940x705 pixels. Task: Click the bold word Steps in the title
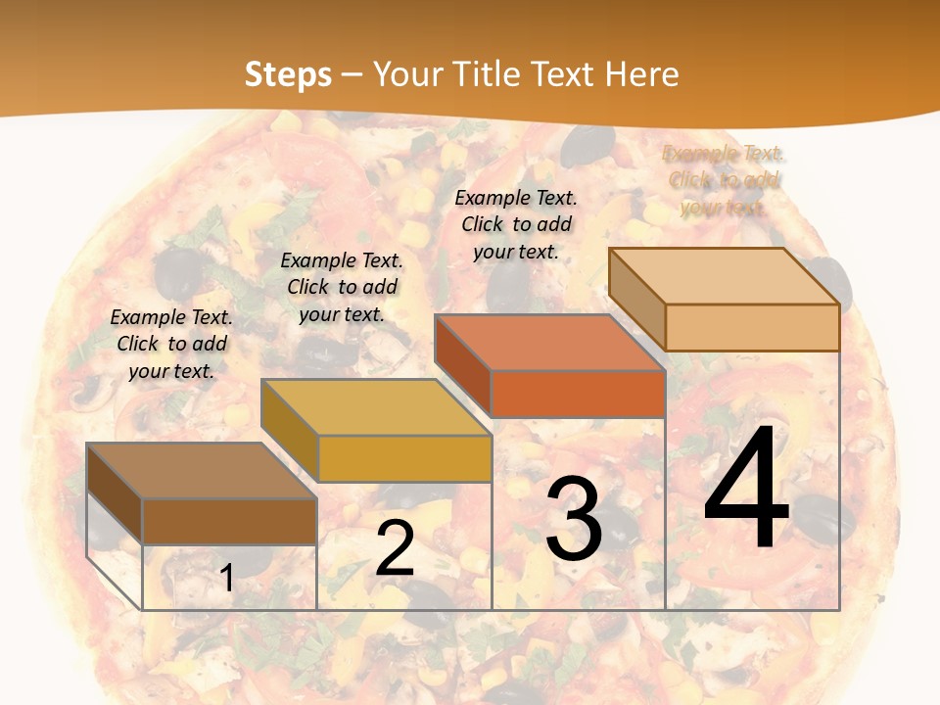tap(287, 74)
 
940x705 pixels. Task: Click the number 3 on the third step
tap(574, 519)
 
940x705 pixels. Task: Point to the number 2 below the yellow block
tap(395, 548)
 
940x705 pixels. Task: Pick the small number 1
tap(226, 578)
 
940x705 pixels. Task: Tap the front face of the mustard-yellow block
tap(404, 458)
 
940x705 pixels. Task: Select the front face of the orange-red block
tap(578, 394)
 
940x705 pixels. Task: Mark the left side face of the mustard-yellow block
tap(290, 429)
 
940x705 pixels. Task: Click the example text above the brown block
tap(171, 344)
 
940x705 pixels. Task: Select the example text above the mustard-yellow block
tap(342, 287)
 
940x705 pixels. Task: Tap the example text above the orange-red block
tap(516, 224)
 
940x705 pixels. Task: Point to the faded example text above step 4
tap(723, 180)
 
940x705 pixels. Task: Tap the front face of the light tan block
tap(752, 327)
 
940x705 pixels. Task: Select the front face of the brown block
tap(229, 521)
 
